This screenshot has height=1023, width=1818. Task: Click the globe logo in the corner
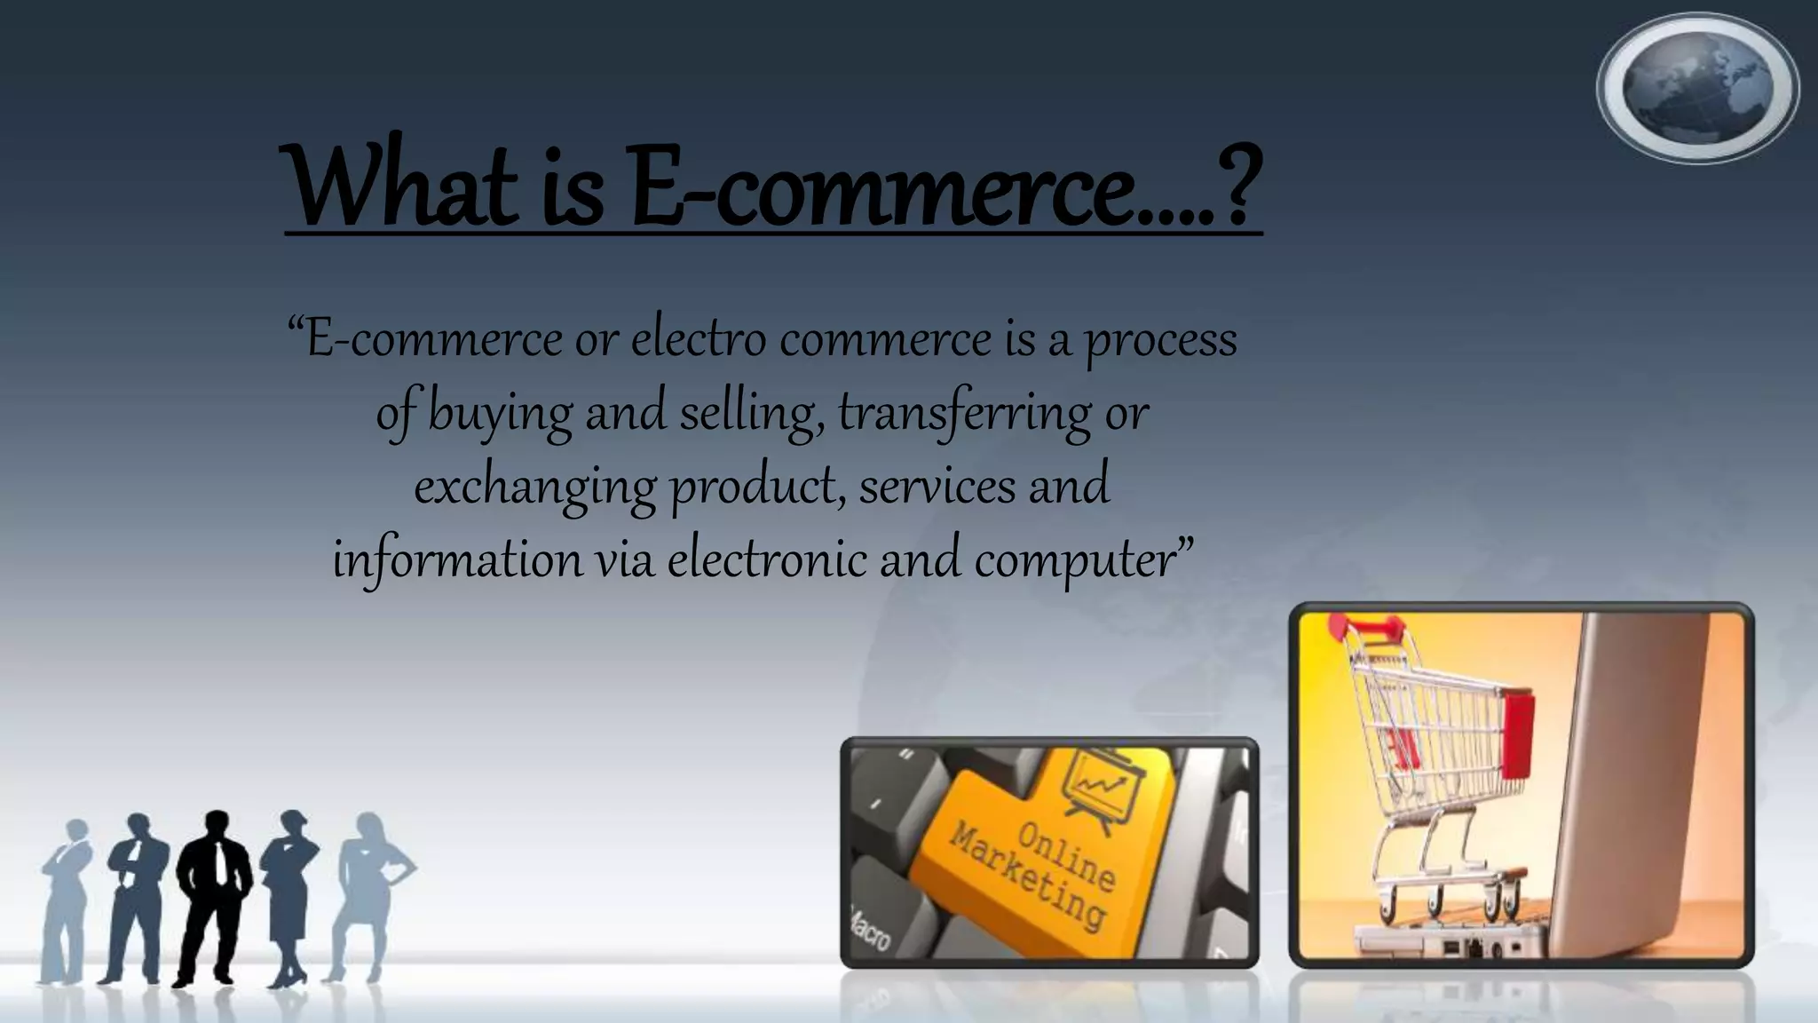[1697, 88]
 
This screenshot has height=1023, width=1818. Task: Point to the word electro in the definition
[699, 340]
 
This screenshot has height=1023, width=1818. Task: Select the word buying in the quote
[500, 414]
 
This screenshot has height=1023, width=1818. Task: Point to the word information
[457, 559]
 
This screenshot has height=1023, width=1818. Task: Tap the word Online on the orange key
[1066, 856]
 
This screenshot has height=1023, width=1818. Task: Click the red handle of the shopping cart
[1371, 630]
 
